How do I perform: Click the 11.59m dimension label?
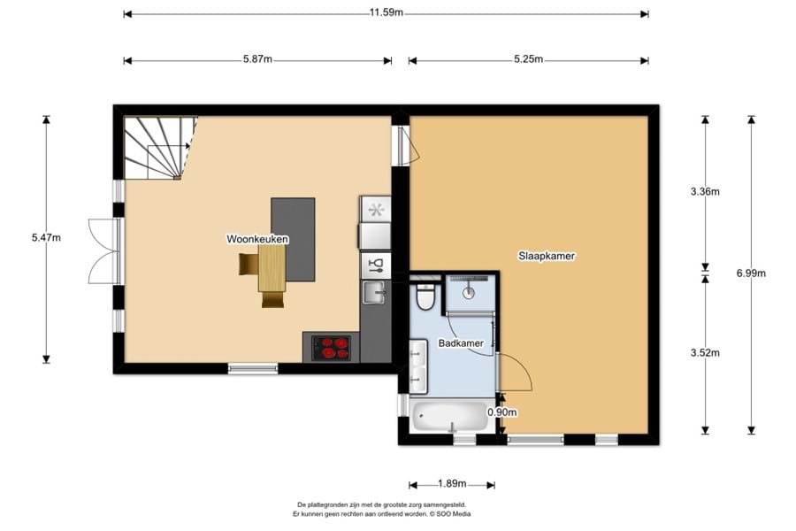point(386,12)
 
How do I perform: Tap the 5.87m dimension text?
point(257,59)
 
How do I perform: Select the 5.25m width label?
point(528,59)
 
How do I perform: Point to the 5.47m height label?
point(46,237)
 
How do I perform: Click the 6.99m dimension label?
point(751,273)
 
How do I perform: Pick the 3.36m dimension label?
point(705,191)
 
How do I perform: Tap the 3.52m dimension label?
point(705,352)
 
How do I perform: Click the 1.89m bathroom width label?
point(451,484)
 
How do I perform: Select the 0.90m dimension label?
point(502,412)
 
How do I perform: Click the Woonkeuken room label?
point(257,239)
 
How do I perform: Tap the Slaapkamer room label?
point(547,256)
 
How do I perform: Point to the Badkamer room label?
point(461,343)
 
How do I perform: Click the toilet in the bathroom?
point(425,297)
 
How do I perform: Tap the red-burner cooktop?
point(331,348)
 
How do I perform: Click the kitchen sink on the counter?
point(375,293)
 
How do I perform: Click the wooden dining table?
point(272,268)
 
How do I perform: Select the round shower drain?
point(469,292)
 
